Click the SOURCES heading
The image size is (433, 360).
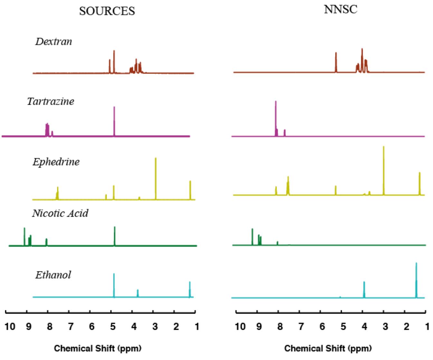[x=107, y=11]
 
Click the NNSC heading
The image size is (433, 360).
[x=340, y=9]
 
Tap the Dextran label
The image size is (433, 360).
[x=53, y=42]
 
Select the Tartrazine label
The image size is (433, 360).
[x=51, y=101]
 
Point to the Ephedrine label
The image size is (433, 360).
[x=56, y=162]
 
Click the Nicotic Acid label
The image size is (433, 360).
[x=60, y=213]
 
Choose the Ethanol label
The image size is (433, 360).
[x=53, y=275]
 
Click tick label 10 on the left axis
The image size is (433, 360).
[x=10, y=327]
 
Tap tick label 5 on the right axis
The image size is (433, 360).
[x=343, y=327]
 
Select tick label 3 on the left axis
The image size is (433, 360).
[x=155, y=327]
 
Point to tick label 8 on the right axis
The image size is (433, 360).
[x=280, y=327]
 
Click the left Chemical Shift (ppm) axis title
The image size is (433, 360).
[x=98, y=348]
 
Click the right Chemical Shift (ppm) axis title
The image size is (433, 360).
[x=328, y=348]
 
